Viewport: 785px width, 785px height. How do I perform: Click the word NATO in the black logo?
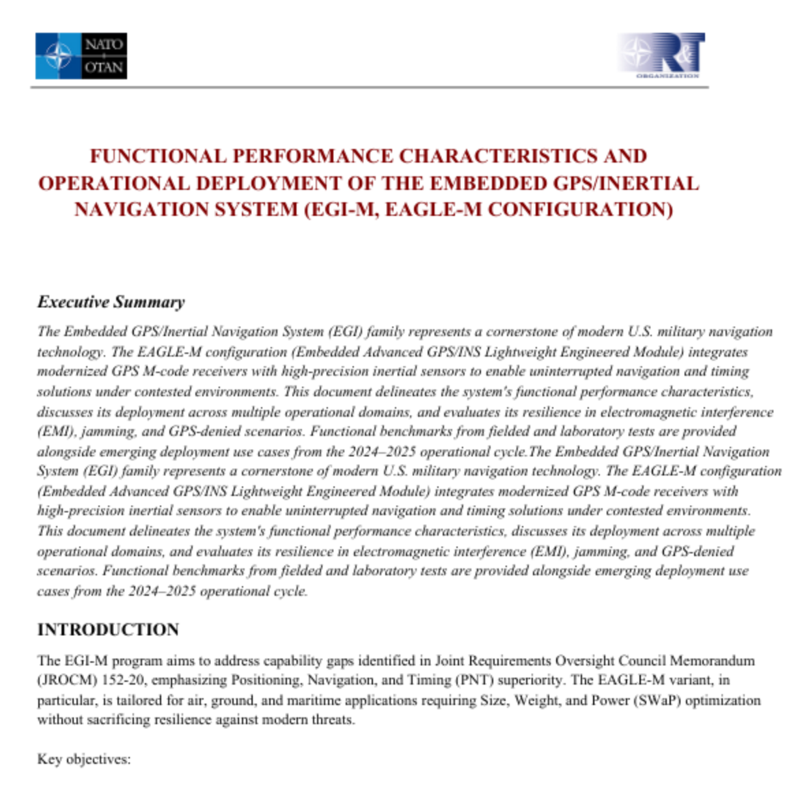point(104,44)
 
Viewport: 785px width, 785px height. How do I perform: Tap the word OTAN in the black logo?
point(104,67)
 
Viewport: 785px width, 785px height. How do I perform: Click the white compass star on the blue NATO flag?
point(58,56)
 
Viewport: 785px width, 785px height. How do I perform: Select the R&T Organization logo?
point(661,55)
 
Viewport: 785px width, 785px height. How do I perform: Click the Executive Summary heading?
point(111,302)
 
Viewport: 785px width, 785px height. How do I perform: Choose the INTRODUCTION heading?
point(108,629)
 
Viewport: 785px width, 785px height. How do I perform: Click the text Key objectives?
point(83,759)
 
